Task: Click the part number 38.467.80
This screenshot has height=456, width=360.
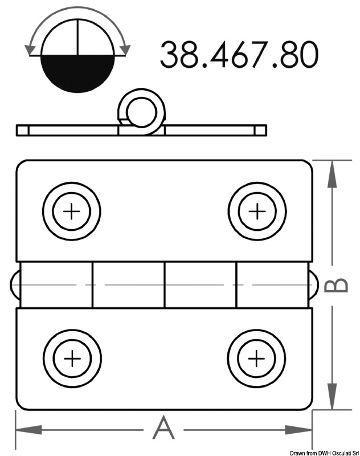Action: click(x=238, y=54)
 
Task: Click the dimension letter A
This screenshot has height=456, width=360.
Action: click(x=163, y=428)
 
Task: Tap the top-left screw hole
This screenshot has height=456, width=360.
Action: click(x=72, y=212)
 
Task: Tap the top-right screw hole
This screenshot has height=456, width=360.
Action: click(x=257, y=212)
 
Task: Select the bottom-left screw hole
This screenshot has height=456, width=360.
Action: click(x=72, y=359)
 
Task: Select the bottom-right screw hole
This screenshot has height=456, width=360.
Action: click(x=256, y=359)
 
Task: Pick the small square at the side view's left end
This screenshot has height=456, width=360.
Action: click(x=22, y=130)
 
